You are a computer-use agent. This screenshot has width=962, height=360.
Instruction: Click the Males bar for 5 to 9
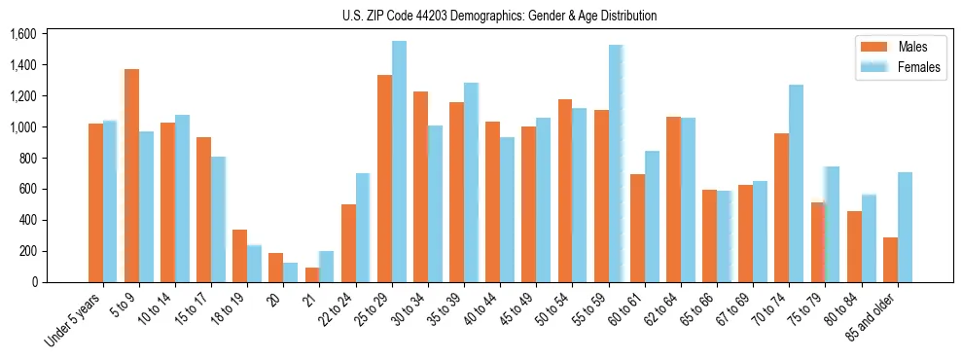click(131, 175)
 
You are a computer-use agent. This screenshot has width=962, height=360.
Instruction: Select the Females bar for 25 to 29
click(399, 162)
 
